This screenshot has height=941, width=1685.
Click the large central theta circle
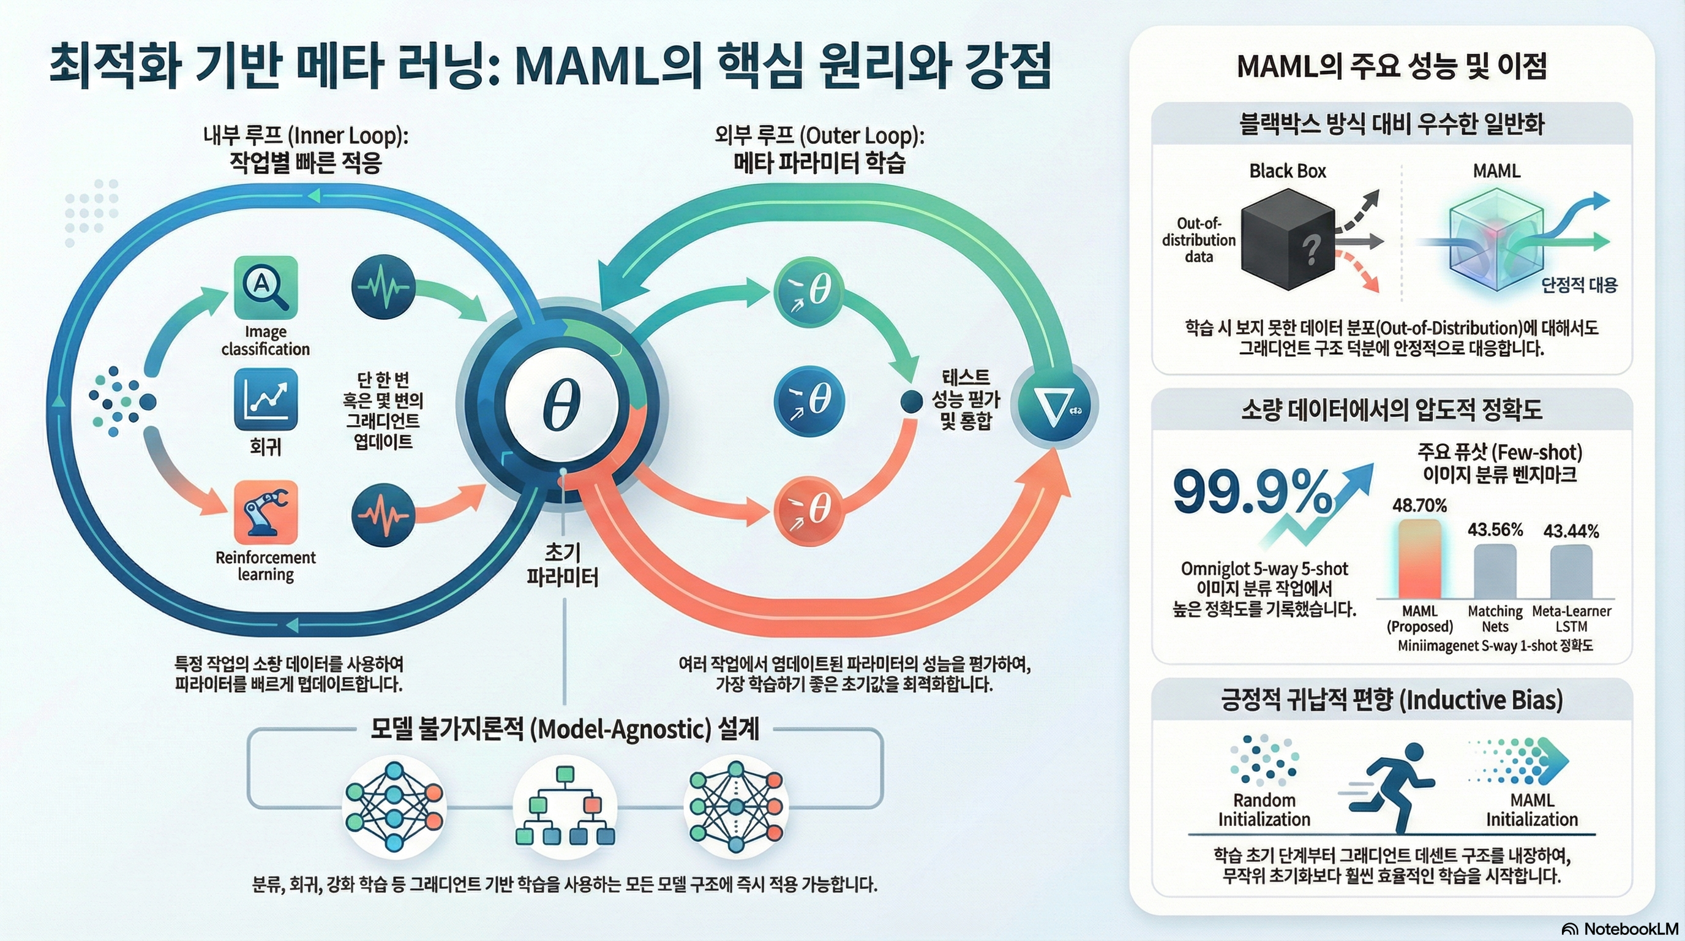(561, 404)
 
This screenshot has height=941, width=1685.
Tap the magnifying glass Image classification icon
(266, 287)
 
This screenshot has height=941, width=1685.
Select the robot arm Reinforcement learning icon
(266, 512)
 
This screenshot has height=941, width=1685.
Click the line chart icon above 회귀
(266, 399)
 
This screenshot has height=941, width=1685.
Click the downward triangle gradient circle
(1053, 406)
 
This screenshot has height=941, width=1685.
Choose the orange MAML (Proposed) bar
(1419, 559)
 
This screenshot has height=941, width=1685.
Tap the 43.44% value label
(1571, 531)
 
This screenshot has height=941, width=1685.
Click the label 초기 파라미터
(563, 565)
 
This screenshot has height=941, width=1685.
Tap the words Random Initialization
(1264, 809)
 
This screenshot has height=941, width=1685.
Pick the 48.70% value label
(1419, 505)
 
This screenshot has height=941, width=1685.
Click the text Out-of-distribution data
(1198, 240)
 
